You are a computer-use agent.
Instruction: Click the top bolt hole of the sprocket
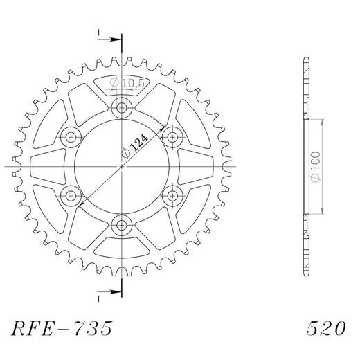click(x=123, y=108)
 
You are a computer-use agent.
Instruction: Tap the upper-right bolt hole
click(x=173, y=136)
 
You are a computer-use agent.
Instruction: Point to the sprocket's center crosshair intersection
click(x=123, y=166)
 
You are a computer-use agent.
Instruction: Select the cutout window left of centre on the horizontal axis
click(x=48, y=166)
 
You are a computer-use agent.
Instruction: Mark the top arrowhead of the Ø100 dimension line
click(x=323, y=120)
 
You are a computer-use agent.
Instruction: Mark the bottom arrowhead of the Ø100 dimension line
click(x=323, y=212)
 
